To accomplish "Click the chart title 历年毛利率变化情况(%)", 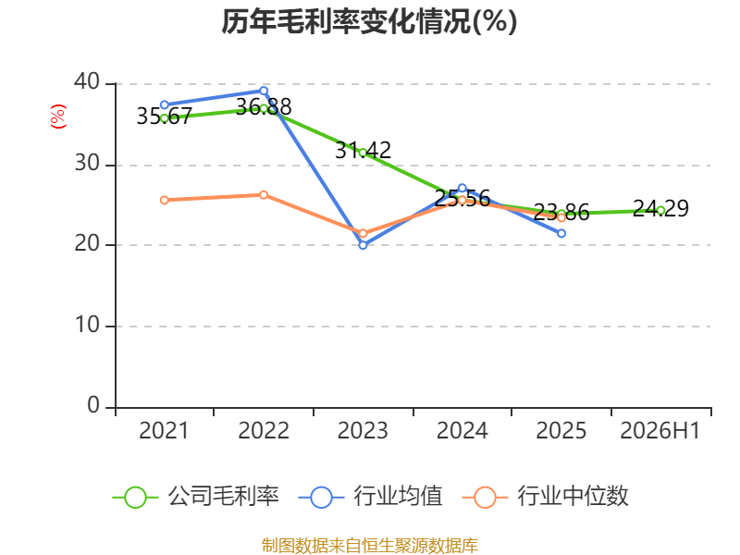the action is point(369,21).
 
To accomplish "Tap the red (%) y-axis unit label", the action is point(58,117).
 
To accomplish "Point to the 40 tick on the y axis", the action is point(87,81).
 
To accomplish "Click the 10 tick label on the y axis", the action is point(87,325).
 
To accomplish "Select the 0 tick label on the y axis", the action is point(93,405).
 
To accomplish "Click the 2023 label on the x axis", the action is point(363,430).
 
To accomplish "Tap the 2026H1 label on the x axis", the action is point(660,430).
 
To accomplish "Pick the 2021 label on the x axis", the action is point(164,430).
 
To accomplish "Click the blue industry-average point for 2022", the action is point(264,91).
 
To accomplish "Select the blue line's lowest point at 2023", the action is point(363,245).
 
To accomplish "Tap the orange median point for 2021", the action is point(165,200).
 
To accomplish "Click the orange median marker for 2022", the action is point(264,195).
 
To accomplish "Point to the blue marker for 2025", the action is point(561,233).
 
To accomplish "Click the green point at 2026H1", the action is point(660,211).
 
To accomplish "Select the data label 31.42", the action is point(363,151).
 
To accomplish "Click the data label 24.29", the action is point(660,208).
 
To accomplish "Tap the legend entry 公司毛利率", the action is point(196,497).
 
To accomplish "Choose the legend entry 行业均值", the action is point(371,497).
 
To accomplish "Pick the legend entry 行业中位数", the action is point(546,497).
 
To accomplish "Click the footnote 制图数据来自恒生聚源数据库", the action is point(370,545).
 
